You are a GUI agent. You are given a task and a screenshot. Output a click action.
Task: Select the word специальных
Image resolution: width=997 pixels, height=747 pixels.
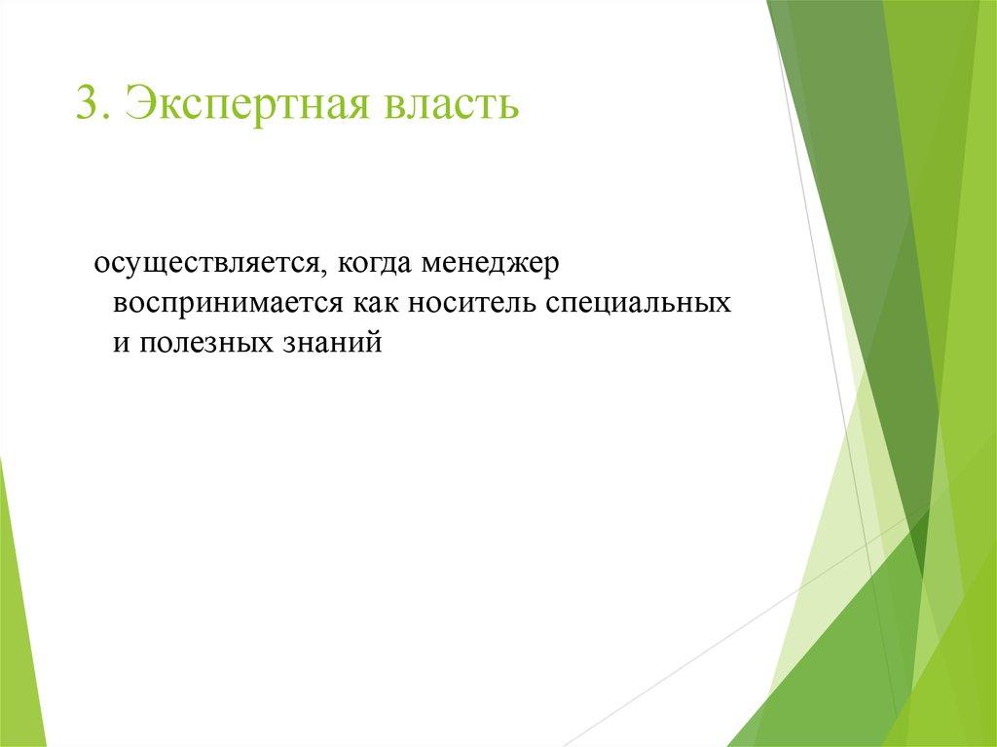[x=638, y=304]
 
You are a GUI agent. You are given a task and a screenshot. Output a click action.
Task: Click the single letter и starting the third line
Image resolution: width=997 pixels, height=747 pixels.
[x=120, y=344]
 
